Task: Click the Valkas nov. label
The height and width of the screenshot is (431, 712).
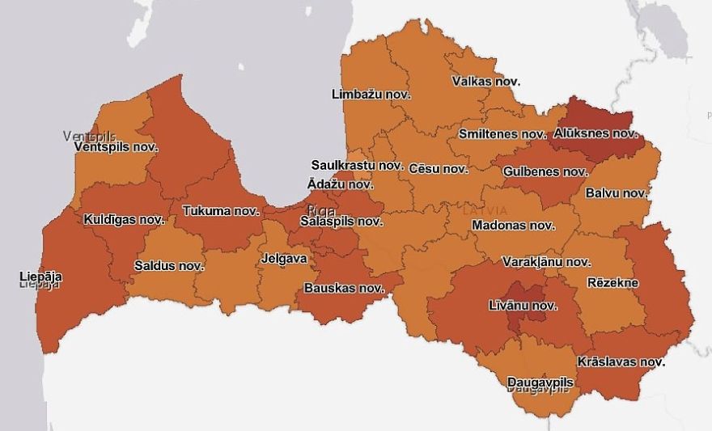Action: pos(485,82)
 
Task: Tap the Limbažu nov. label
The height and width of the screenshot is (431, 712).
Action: pos(371,95)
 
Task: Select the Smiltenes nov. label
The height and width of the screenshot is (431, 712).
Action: pos(502,133)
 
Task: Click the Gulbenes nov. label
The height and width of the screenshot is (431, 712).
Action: pos(545,171)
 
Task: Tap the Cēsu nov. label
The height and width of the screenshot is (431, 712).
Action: pos(439,169)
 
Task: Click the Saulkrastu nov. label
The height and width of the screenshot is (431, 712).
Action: pos(357,165)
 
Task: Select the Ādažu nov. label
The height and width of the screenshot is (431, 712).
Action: pos(340,184)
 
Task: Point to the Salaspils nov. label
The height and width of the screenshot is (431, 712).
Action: pos(341,221)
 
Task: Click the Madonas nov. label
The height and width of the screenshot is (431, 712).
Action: pos(512,226)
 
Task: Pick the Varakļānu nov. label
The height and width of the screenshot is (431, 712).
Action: pos(546,262)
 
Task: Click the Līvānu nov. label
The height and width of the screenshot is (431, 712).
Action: pos(523,306)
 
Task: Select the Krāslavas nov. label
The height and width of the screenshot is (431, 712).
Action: pos(621,361)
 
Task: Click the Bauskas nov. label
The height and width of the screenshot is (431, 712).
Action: pos(343,288)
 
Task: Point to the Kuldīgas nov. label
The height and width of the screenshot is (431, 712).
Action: pos(124,219)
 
